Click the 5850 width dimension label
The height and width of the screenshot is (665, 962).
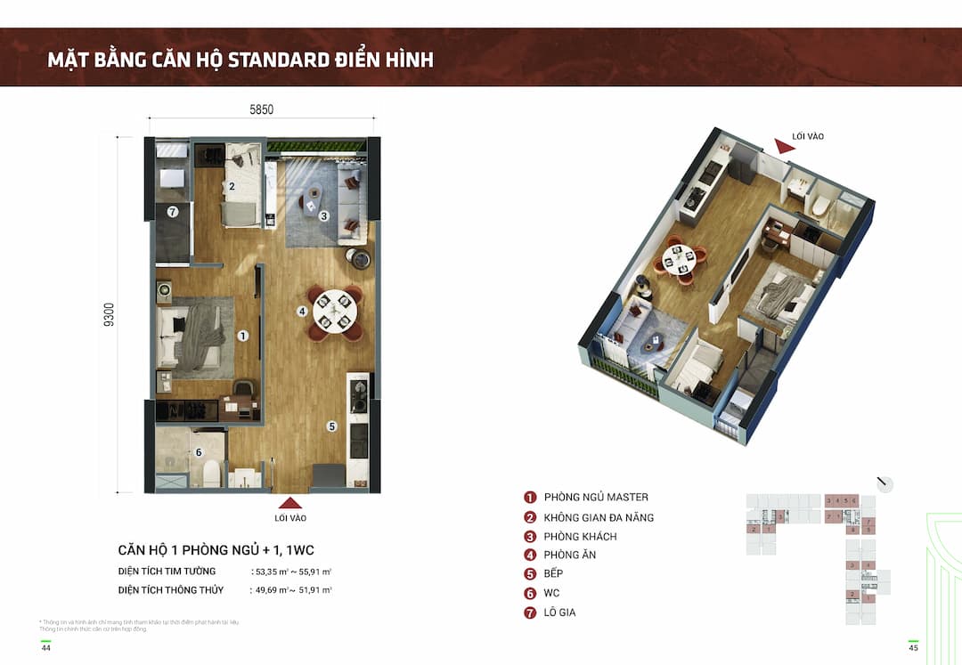[x=261, y=110]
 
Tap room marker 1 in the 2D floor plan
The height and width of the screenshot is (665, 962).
[x=242, y=336]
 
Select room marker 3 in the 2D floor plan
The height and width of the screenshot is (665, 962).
[x=324, y=215]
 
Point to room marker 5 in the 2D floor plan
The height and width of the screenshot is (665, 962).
[x=331, y=426]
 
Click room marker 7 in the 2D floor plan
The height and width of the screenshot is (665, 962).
[x=173, y=212]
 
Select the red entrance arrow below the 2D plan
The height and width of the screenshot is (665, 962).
[x=290, y=502]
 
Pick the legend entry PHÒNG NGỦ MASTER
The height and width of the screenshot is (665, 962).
[x=596, y=498]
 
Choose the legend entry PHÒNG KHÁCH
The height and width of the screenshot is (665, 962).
[x=580, y=537]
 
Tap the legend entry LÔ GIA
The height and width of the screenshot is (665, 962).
[x=559, y=612]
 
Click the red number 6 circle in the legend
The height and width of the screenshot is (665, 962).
[x=530, y=594]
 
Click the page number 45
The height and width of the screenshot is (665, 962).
[x=912, y=647]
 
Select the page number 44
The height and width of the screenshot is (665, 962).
[x=45, y=647]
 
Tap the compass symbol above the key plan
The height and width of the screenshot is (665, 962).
[x=885, y=484]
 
